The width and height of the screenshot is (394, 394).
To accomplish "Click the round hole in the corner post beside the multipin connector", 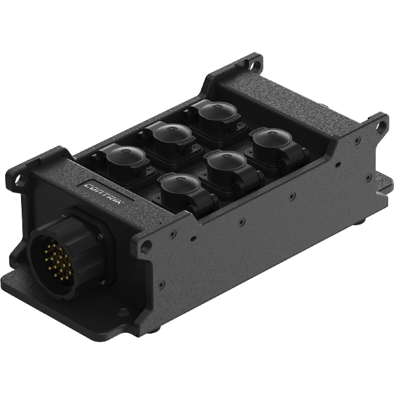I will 146,247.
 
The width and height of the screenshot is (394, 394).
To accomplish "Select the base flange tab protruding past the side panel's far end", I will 382,178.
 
